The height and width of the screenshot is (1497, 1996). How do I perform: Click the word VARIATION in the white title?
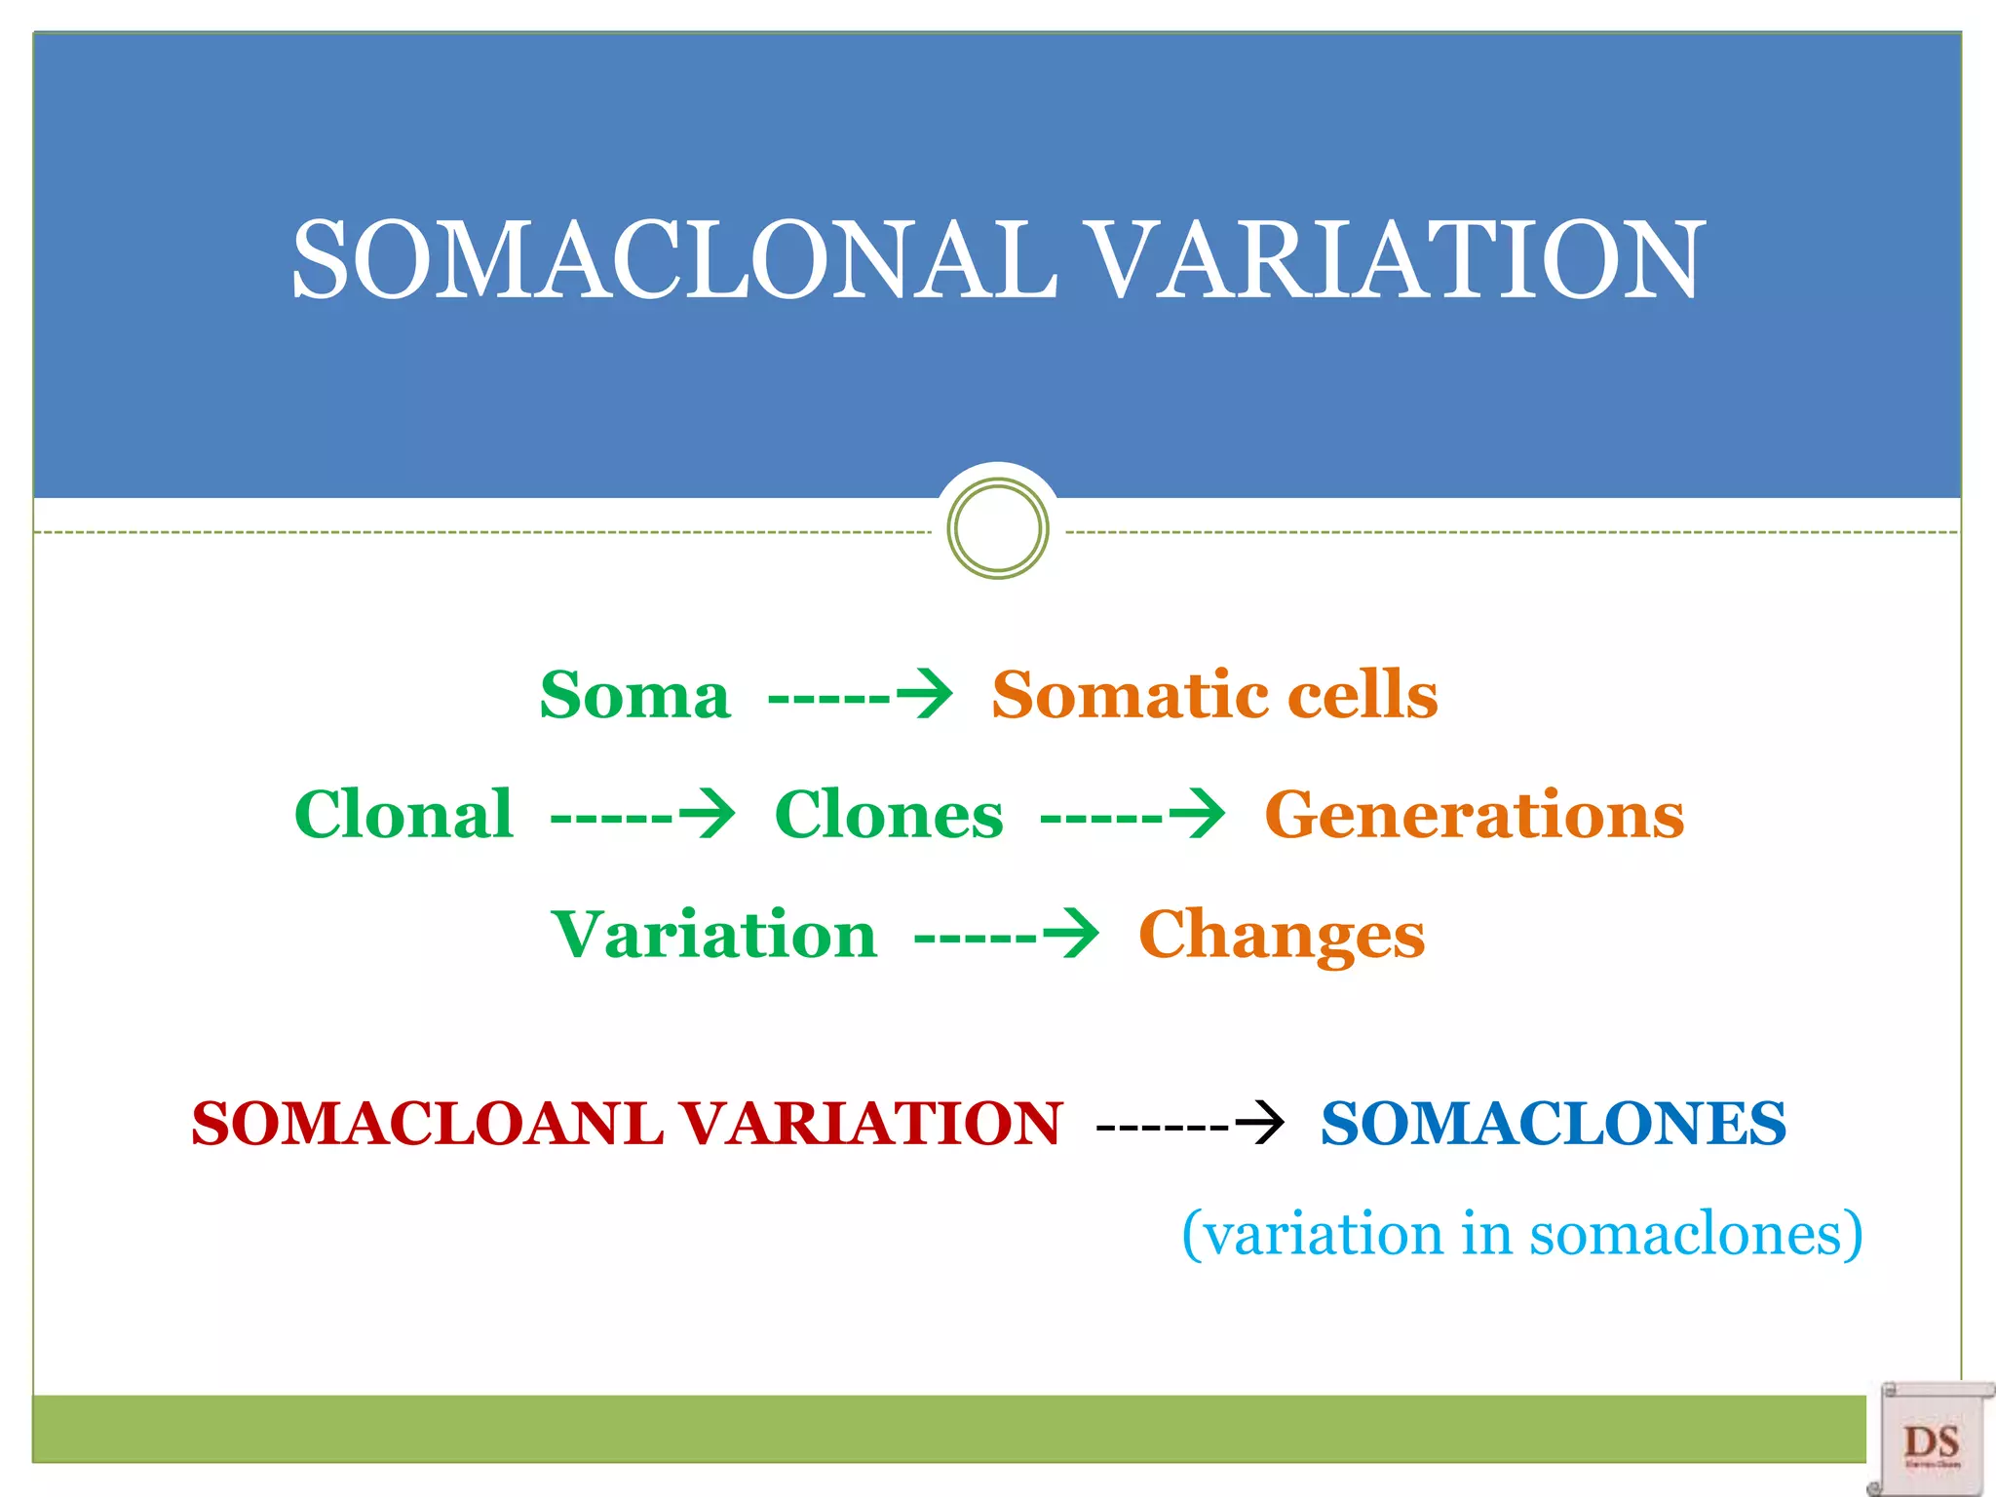tap(1394, 261)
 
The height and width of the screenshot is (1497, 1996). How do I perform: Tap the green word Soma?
tap(634, 696)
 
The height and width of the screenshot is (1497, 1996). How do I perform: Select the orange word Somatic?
tap(1127, 696)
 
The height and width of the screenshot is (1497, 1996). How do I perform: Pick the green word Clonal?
tap(403, 815)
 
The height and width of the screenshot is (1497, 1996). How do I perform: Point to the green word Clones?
tap(888, 815)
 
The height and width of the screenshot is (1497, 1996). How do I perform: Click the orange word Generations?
tap(1474, 815)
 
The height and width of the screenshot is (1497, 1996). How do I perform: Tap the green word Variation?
tap(714, 935)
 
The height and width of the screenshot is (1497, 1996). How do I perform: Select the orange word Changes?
tap(1281, 935)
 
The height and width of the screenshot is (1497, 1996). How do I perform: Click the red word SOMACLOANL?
tap(427, 1124)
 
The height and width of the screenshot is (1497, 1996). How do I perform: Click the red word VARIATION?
tap(869, 1124)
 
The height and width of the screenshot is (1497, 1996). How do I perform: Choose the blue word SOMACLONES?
tap(1554, 1124)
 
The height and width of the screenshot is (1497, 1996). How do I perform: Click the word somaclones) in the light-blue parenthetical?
tap(1696, 1234)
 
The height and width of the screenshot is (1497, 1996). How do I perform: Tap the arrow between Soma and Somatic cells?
tap(860, 696)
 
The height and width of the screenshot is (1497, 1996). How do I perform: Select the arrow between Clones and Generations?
tap(1132, 815)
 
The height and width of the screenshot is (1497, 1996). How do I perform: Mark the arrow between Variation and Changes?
tap(1006, 936)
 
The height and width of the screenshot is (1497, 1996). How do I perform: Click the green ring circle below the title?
tap(997, 528)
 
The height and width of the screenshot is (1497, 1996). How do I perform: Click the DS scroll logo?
tap(1932, 1439)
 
